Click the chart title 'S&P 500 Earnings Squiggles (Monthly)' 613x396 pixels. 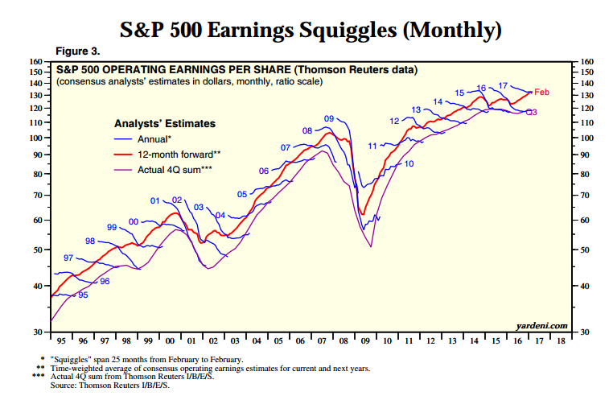click(311, 30)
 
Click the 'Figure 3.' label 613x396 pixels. click(77, 52)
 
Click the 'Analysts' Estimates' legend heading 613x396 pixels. click(164, 123)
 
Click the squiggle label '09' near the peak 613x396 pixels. click(329, 119)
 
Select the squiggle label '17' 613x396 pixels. click(502, 85)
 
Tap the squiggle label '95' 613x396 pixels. click(82, 295)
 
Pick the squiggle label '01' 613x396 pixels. click(155, 200)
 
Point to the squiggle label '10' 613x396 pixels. click(409, 163)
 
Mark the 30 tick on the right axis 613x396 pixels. click(584, 332)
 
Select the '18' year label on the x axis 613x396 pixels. click(559, 340)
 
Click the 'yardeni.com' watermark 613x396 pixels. click(541, 326)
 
